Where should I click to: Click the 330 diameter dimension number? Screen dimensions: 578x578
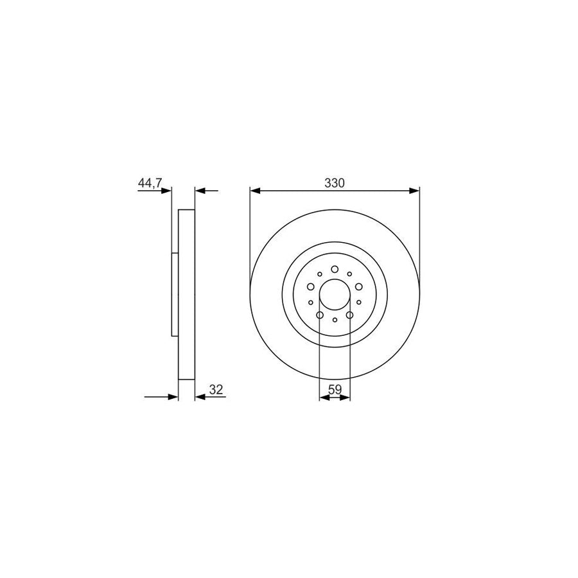click(334, 183)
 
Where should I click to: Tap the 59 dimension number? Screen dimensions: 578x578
click(334, 389)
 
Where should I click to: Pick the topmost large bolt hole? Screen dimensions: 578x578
click(335, 269)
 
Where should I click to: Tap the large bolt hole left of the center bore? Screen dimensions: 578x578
click(310, 287)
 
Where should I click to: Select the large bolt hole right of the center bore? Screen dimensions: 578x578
click(359, 287)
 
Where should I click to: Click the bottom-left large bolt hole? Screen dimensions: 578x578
click(320, 315)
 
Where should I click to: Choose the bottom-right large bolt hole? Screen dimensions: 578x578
click(349, 315)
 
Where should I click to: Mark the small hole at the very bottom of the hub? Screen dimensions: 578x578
click(335, 319)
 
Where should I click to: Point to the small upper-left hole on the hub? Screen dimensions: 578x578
click(320, 274)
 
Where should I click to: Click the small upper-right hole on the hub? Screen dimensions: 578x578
click(349, 274)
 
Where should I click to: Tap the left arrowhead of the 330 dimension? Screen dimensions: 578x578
click(254, 191)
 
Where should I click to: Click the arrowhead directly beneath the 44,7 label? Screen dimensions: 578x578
click(168, 191)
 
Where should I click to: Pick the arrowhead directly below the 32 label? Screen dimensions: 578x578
click(198, 397)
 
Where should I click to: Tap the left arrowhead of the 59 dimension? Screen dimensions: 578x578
click(323, 398)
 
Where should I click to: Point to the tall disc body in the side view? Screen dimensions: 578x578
click(186, 294)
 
